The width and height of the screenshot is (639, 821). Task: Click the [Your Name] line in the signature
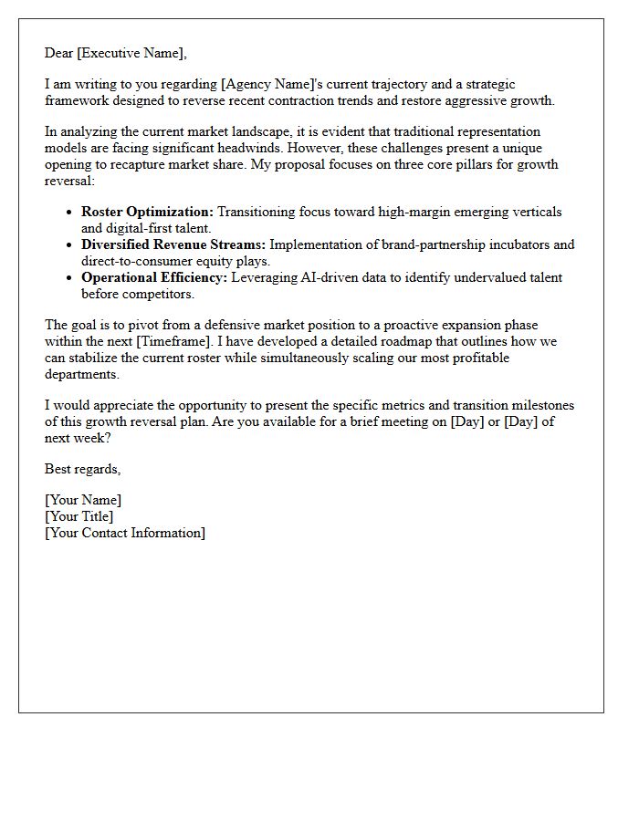(83, 500)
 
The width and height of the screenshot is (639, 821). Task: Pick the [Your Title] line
(79, 516)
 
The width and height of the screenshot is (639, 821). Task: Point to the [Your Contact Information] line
(125, 533)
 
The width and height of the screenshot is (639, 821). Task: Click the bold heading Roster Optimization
(147, 212)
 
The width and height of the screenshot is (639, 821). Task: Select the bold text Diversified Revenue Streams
(173, 244)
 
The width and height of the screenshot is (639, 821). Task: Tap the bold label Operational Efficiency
(152, 277)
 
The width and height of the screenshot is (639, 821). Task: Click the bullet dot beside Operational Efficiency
(69, 278)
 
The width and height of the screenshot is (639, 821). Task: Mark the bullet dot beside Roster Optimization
(69, 213)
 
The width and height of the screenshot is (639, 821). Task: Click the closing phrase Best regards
(82, 469)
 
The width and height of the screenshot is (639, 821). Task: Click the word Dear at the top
(59, 53)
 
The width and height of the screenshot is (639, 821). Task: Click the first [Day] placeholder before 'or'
(468, 421)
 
